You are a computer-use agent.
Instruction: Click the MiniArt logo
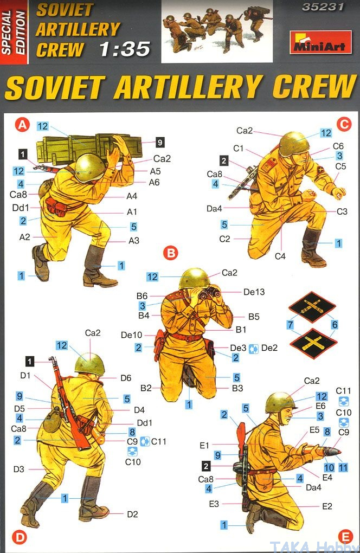click(320, 42)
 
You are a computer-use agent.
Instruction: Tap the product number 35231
click(323, 7)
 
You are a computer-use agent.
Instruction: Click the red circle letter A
click(22, 125)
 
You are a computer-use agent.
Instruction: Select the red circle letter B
click(171, 253)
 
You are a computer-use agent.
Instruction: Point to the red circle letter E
click(345, 537)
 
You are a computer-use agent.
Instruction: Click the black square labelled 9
click(160, 142)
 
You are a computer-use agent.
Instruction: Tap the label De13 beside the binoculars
click(254, 292)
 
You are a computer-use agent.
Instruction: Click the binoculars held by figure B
click(209, 292)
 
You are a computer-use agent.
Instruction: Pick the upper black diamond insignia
click(312, 307)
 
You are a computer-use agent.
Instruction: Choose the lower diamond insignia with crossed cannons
click(313, 343)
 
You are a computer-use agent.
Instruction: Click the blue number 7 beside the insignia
click(290, 324)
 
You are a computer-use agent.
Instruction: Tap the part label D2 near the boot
click(132, 514)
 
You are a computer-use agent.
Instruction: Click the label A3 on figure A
click(133, 241)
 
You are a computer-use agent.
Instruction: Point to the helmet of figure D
click(89, 363)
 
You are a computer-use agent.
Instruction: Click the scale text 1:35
click(125, 49)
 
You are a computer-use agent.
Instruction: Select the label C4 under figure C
click(280, 256)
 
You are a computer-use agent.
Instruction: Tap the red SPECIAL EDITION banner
click(14, 32)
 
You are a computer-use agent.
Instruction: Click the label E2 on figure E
click(327, 506)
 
